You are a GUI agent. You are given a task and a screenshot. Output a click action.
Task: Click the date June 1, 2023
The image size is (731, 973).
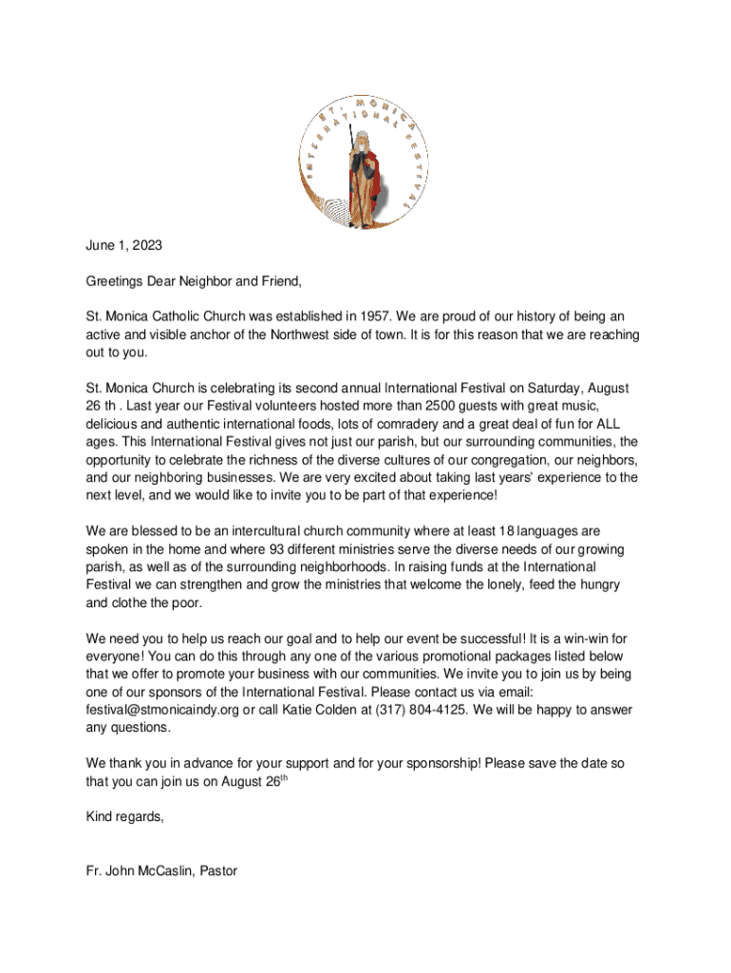123,245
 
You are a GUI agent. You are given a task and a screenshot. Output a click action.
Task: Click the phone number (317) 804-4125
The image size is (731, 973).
419,710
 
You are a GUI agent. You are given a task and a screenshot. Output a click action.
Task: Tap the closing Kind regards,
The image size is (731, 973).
124,816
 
